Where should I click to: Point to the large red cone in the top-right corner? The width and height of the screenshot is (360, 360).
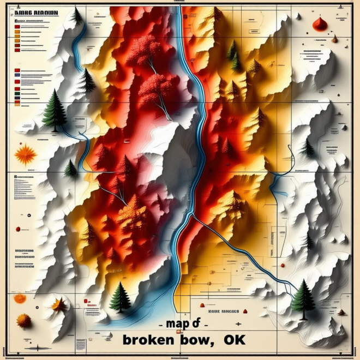pos(320,23)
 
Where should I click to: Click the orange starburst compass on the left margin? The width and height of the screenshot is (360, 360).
pos(25,155)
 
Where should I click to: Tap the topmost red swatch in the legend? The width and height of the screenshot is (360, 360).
pos(18,26)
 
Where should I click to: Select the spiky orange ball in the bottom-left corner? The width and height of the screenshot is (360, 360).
pos(24,320)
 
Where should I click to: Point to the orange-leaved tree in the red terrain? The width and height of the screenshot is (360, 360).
pos(131,212)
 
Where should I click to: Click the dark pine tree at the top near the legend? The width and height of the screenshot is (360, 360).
pos(77,16)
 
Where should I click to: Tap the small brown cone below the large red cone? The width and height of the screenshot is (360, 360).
pos(334,39)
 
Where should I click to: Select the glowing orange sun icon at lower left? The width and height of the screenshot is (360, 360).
pos(20,298)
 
